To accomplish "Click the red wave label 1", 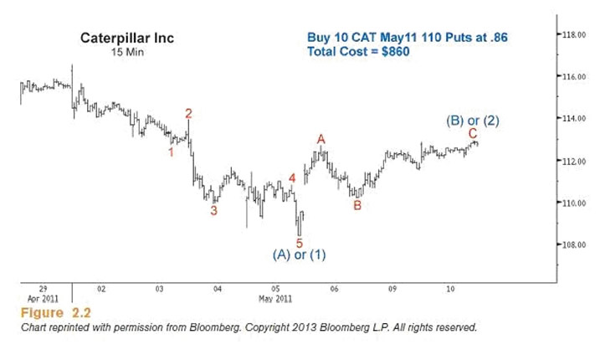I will [x=172, y=152].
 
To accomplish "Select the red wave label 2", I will [x=189, y=113].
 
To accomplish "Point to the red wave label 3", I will [x=213, y=211].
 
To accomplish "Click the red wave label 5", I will [x=299, y=243].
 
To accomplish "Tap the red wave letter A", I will [x=320, y=139].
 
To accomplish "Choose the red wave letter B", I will [x=357, y=205].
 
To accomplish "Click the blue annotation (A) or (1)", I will [x=299, y=255].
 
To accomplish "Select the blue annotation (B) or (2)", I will [x=473, y=121].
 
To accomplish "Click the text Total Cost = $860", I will [x=359, y=52].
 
